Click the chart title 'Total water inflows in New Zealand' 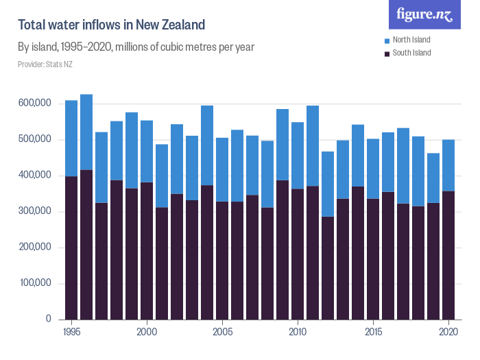111,25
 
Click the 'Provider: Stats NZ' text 45,64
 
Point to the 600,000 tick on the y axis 34,104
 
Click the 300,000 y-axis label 34,211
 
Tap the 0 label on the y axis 48,319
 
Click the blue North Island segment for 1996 86,132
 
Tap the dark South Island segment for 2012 328,267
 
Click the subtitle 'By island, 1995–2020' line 136,47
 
